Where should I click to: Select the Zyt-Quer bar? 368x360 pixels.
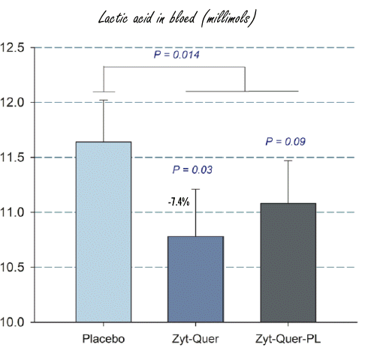click(195, 279)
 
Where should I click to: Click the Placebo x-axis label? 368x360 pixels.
click(104, 339)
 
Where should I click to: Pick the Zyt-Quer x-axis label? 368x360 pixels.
click(195, 339)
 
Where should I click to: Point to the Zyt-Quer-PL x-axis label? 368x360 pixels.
click(287, 339)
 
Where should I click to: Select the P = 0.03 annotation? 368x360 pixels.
click(191, 170)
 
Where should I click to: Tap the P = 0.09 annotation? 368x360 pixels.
click(286, 141)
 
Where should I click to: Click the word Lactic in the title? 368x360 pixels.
click(115, 16)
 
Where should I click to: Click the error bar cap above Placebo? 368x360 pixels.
click(104, 100)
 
